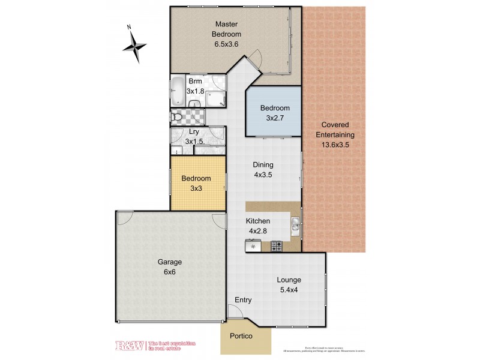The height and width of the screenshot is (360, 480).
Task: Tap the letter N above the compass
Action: coord(129,27)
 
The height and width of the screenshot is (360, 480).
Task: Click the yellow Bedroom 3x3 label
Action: coord(196,184)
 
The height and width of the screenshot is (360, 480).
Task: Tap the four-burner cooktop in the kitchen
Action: coord(277,245)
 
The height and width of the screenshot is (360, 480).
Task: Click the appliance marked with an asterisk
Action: coord(253,246)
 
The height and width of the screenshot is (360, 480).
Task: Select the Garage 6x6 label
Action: coord(169,266)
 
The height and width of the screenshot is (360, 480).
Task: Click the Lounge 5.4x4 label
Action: coord(289,285)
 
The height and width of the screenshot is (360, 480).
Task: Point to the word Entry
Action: coord(243,301)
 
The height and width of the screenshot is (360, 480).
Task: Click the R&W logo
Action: coord(128,346)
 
